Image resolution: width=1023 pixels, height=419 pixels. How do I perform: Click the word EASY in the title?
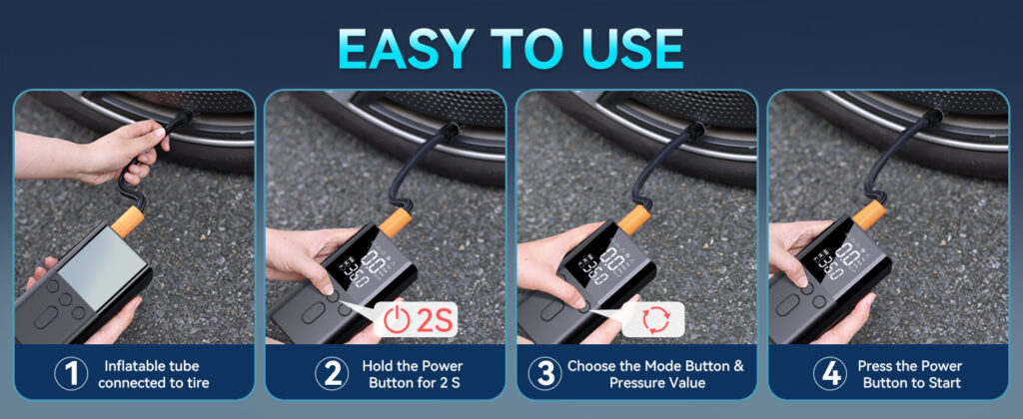(406, 48)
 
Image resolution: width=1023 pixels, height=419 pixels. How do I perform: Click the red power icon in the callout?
(397, 319)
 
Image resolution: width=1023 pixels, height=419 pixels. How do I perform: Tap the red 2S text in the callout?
(433, 320)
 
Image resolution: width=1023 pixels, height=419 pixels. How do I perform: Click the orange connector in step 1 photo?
(128, 220)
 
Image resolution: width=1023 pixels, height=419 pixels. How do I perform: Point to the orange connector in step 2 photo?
(396, 222)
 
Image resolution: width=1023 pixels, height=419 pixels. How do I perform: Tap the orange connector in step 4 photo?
(869, 215)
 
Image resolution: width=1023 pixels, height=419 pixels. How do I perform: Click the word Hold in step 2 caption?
(378, 366)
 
